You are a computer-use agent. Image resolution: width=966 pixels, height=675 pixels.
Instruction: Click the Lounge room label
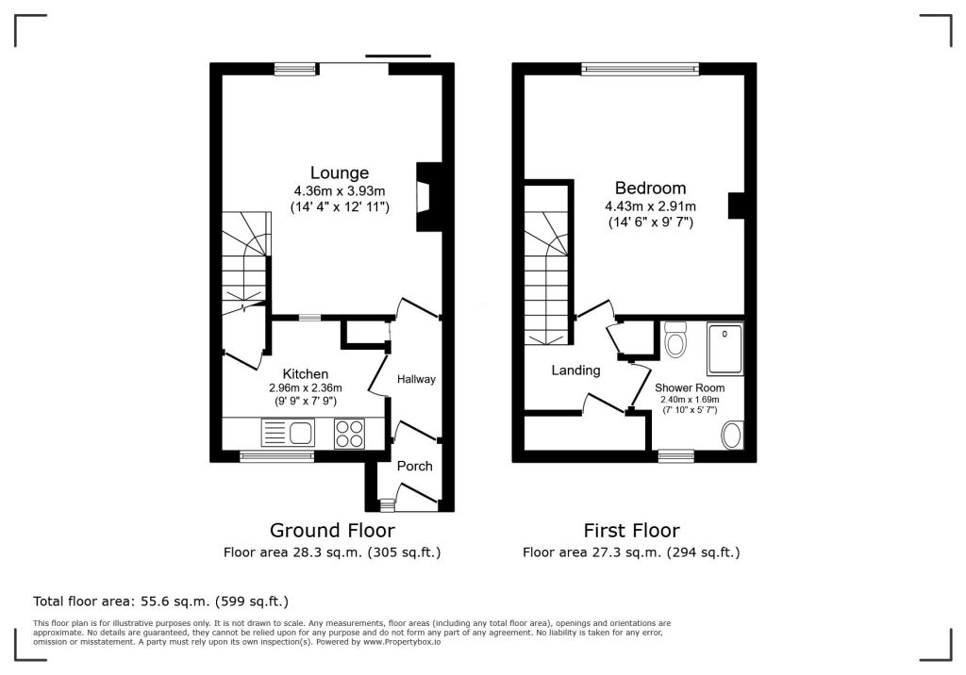[340, 173]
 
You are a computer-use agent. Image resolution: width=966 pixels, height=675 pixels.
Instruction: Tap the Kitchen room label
[305, 374]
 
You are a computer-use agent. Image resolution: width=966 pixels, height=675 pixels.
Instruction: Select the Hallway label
[416, 379]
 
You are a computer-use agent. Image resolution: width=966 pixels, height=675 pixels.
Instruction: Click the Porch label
[415, 467]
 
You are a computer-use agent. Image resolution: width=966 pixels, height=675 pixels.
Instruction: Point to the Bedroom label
[651, 188]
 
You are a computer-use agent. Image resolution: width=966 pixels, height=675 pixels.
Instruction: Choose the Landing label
[575, 370]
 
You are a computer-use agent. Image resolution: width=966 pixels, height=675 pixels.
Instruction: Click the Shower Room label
[690, 388]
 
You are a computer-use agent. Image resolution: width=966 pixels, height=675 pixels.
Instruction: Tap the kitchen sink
[288, 433]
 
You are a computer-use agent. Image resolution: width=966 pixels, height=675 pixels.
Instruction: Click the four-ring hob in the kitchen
[349, 433]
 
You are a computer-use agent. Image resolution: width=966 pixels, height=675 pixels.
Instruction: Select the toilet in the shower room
[675, 339]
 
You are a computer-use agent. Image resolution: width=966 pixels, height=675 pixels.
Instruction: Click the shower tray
[724, 348]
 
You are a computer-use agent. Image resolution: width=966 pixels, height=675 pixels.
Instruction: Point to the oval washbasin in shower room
[732, 436]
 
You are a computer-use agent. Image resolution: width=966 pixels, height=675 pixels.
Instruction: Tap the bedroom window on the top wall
[641, 70]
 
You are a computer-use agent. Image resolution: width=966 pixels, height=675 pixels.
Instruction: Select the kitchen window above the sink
[276, 456]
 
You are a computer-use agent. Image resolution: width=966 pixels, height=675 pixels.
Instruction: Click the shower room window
[675, 456]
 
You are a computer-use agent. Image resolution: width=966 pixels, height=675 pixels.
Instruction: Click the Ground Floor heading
[332, 530]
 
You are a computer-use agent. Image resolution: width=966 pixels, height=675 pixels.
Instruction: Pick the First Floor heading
[631, 530]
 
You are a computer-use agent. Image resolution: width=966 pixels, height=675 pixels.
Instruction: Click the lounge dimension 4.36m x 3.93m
[340, 191]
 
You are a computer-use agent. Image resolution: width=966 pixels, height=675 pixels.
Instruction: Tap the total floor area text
[160, 601]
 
